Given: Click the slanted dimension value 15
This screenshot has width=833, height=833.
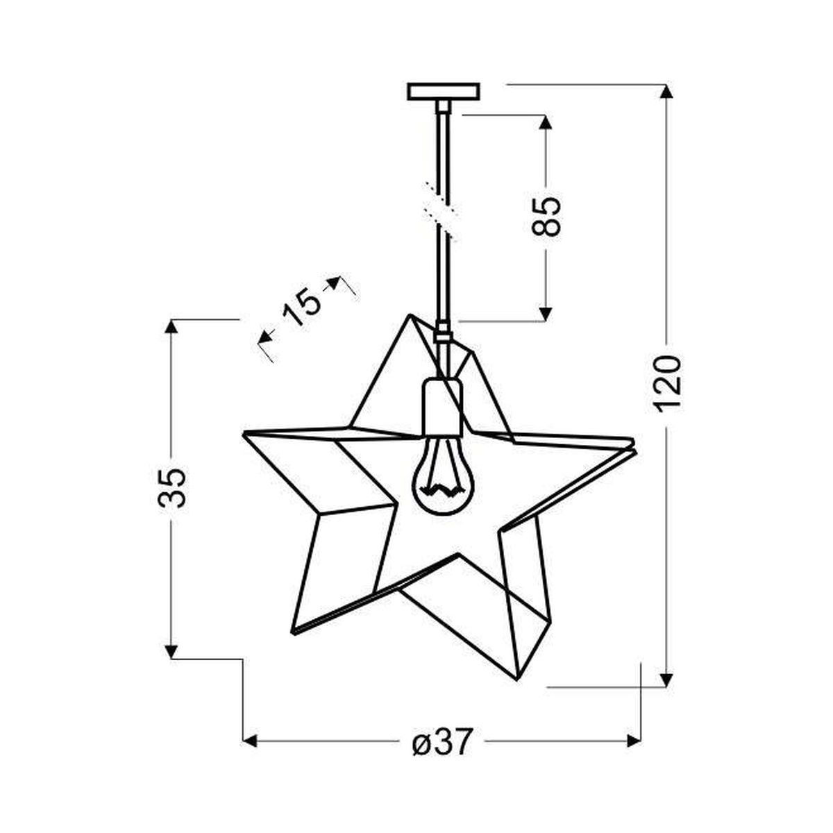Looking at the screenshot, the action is click(x=302, y=309).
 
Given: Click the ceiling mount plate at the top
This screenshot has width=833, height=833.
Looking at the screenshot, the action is click(x=444, y=92).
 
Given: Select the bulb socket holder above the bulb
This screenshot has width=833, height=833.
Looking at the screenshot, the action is click(x=441, y=406).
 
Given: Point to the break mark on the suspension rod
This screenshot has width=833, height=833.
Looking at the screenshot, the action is click(x=441, y=211).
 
